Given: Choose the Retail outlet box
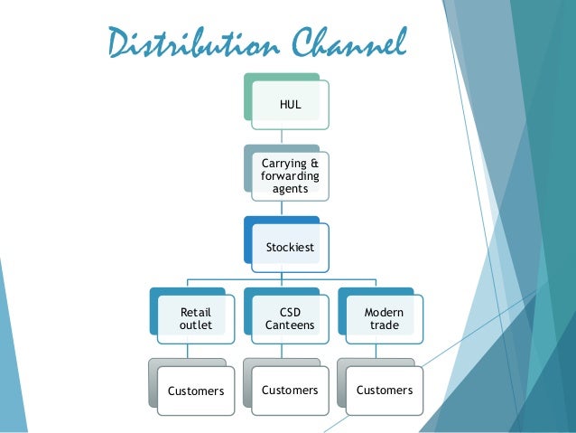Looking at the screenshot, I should [x=195, y=319].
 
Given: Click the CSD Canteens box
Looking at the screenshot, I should [x=289, y=319].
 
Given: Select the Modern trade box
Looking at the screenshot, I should [x=384, y=319].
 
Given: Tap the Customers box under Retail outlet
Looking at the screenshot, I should [x=195, y=391].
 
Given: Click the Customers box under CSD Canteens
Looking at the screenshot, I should [x=289, y=391].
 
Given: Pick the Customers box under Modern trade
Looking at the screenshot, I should [x=384, y=391].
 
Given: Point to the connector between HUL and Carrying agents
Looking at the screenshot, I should [x=282, y=134].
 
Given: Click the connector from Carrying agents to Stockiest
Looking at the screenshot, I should [x=282, y=207].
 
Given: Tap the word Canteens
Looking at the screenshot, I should [x=290, y=325].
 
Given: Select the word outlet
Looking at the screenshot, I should [x=195, y=325].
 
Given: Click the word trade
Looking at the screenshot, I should [x=384, y=325].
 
